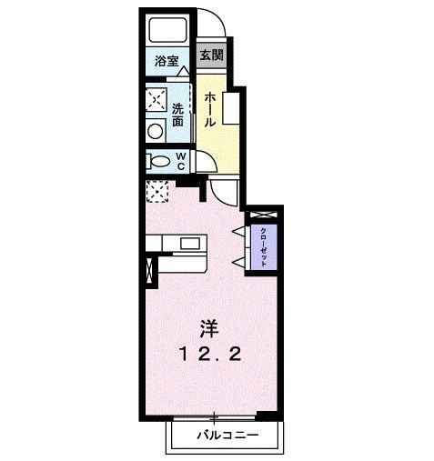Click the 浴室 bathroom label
click(x=166, y=62)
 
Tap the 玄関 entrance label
click(x=211, y=55)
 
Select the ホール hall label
click(x=210, y=108)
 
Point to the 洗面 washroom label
click(x=178, y=113)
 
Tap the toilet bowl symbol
click(x=159, y=162)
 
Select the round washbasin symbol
click(x=155, y=130)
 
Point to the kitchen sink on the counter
click(x=191, y=244)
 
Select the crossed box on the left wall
click(x=149, y=270)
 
